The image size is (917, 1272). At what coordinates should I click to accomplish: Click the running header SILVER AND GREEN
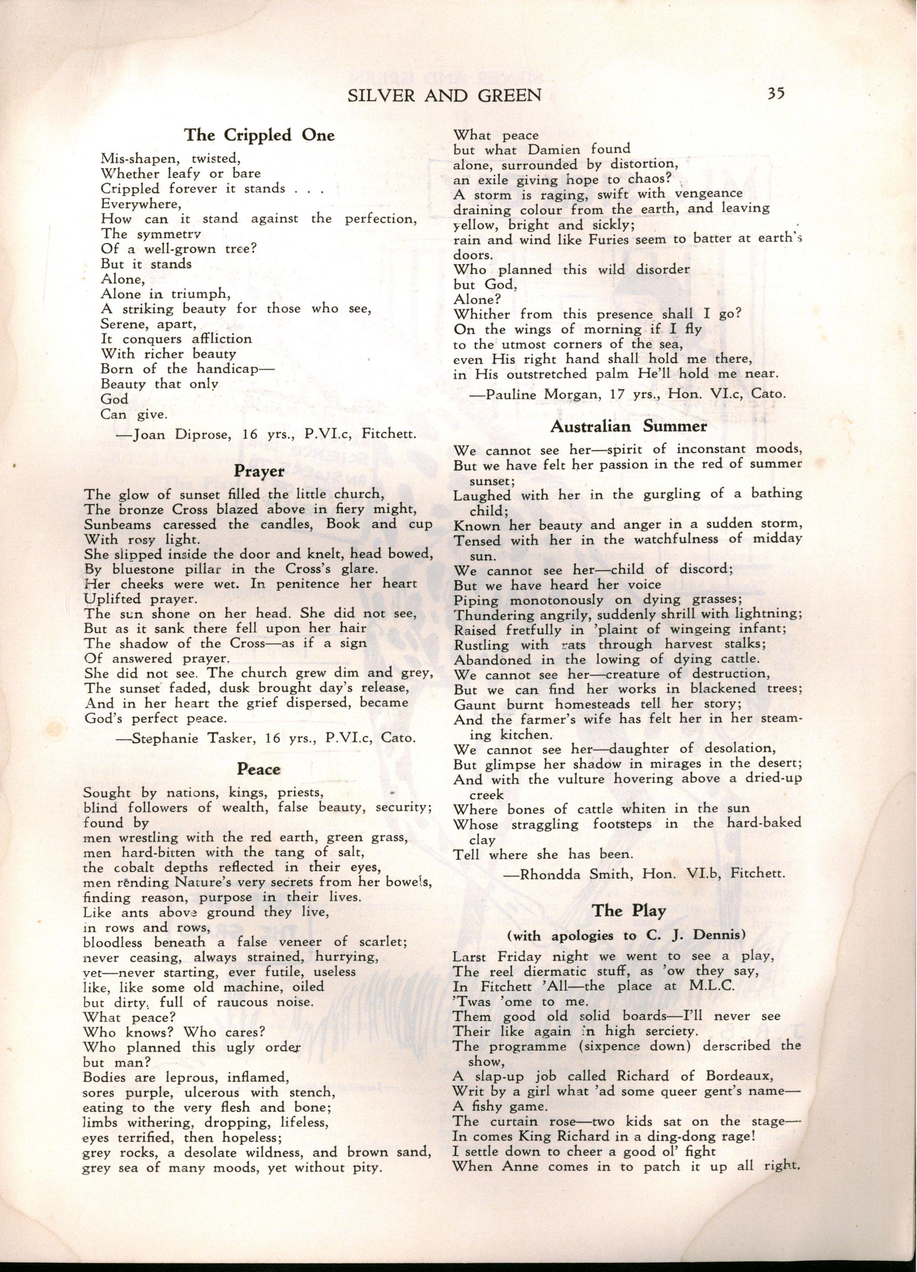tap(445, 96)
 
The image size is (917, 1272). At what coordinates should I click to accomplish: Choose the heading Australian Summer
tap(628, 426)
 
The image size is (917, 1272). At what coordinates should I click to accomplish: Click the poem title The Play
tap(629, 910)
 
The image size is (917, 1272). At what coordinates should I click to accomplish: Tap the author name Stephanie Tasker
tap(185, 739)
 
